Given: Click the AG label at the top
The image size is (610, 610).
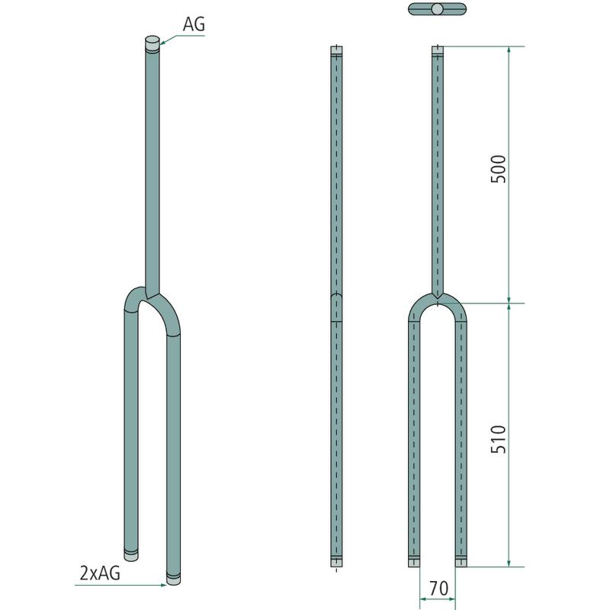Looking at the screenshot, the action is click(x=194, y=24).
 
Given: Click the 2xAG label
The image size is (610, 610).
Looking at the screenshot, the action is click(x=100, y=573).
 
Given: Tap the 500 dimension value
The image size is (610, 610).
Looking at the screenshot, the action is click(x=499, y=169).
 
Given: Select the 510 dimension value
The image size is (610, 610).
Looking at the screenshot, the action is click(x=499, y=439).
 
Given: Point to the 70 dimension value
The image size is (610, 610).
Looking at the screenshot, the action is click(x=438, y=588).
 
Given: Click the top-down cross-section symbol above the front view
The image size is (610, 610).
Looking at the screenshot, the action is click(x=437, y=9).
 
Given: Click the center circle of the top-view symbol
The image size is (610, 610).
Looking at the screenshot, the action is click(x=437, y=9).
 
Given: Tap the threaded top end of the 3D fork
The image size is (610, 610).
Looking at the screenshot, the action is click(x=152, y=44).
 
